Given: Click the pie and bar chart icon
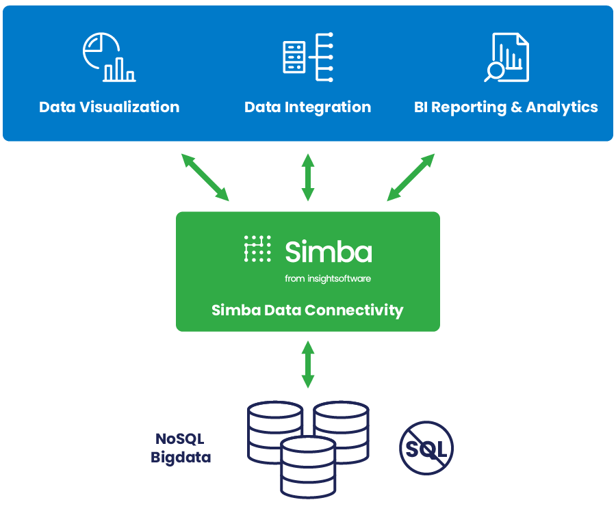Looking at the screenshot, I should coord(109,57).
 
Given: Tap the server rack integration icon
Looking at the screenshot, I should coord(308,57).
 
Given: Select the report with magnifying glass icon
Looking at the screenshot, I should coord(506,57).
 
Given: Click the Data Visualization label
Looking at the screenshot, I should coord(110,107).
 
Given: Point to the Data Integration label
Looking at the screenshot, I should coord(308,107).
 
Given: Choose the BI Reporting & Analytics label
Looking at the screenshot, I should coord(506,107).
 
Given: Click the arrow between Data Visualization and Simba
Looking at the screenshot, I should coord(205,177).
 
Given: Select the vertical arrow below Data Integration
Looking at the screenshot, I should coord(308,177).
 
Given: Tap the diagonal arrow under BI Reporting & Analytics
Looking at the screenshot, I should coord(411,177).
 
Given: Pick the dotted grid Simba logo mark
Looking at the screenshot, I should coord(257,249).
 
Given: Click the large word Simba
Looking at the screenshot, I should coord(329,251).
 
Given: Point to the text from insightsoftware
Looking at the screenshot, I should coord(328,278).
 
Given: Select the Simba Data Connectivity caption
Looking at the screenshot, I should coord(307,310).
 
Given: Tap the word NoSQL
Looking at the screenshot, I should coord(180,439).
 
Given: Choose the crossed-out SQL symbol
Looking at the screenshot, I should coord(426,449).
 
